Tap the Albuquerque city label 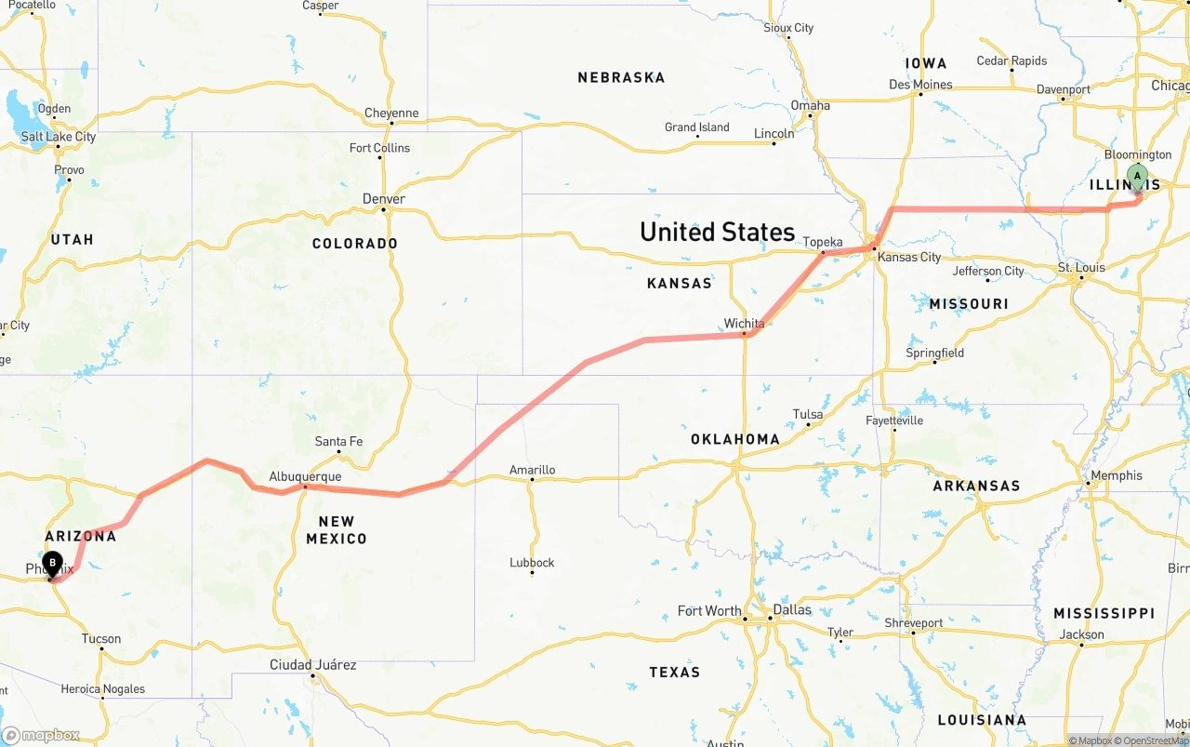point(305,476)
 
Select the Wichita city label point(744,324)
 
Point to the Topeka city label point(822,242)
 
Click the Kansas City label point(909,257)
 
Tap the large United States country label point(717,232)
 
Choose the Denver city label point(384,199)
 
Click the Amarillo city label point(532,470)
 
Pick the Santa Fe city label point(338,441)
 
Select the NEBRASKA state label point(621,77)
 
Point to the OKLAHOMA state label point(734,439)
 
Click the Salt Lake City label point(59,137)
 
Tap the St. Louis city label point(1081,267)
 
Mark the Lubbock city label point(532,563)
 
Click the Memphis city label point(1117,475)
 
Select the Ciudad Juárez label point(312,664)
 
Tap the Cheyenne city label point(391,113)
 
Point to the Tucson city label point(101,638)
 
